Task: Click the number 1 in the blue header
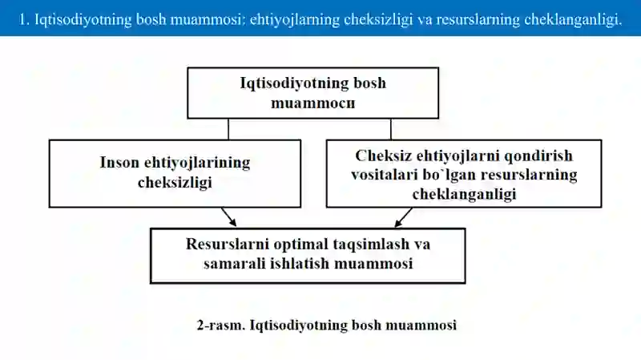tap(23, 19)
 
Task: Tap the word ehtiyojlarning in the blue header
tap(294, 19)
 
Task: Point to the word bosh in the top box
tap(369, 83)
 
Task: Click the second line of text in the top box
tap(312, 103)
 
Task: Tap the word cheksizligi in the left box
tap(175, 182)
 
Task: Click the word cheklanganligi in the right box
tap(464, 194)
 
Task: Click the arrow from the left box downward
tap(229, 216)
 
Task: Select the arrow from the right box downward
tap(403, 217)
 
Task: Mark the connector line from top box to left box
tap(228, 129)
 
